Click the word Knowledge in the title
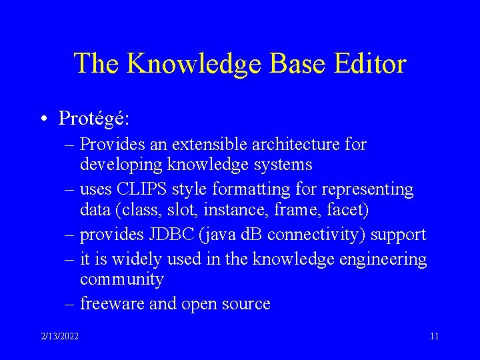pos(193,64)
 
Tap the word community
pos(121,279)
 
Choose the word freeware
pos(109,304)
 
